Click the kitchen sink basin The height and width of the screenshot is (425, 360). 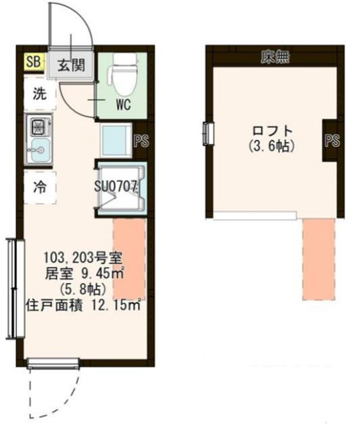[38, 149]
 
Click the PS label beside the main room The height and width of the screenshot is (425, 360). [140, 140]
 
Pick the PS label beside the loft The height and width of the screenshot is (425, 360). [332, 140]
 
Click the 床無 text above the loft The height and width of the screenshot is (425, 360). [274, 56]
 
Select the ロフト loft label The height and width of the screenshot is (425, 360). [273, 129]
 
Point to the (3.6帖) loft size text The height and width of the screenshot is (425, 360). [273, 144]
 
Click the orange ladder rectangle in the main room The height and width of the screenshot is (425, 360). [129, 258]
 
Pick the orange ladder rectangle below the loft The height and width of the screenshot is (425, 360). [319, 259]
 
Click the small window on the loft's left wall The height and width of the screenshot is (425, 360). [207, 132]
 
